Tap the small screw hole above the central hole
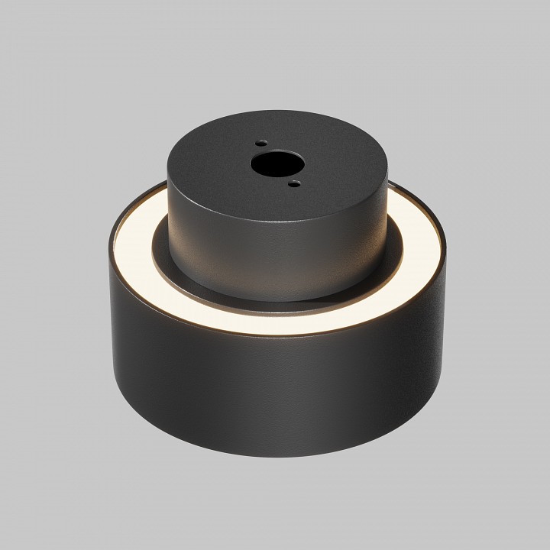click(261, 142)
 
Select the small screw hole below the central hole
click(294, 183)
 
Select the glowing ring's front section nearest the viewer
click(275, 326)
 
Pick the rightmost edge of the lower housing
click(446, 306)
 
